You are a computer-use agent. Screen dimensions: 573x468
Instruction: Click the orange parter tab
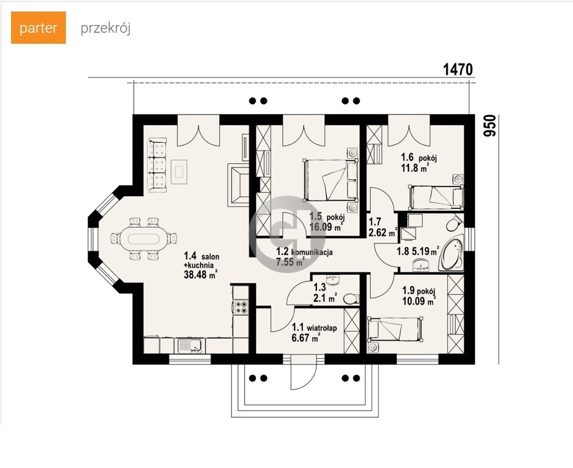click(38, 28)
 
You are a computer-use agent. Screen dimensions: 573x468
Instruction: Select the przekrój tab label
click(105, 29)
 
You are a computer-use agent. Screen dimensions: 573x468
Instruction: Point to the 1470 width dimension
click(458, 69)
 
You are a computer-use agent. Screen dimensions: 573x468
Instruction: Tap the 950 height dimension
click(489, 126)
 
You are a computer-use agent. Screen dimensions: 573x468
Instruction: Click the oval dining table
click(140, 239)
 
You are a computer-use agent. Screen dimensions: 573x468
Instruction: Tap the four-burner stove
click(241, 307)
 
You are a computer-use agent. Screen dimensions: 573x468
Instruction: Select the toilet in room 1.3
click(351, 299)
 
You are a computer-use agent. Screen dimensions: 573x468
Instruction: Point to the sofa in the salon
click(157, 165)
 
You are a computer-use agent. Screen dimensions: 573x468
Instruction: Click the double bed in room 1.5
click(330, 180)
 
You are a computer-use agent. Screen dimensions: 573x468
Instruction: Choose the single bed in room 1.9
click(395, 329)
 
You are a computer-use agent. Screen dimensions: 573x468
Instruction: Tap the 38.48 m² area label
click(201, 275)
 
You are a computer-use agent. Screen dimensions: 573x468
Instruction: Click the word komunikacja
click(311, 252)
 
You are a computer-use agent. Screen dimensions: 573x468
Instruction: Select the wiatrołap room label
click(322, 328)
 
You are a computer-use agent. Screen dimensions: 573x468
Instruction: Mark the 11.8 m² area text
click(415, 168)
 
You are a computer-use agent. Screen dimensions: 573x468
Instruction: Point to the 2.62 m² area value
click(383, 232)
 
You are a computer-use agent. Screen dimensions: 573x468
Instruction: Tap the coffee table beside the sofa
click(179, 172)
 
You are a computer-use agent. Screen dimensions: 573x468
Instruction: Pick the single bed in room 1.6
click(436, 197)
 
